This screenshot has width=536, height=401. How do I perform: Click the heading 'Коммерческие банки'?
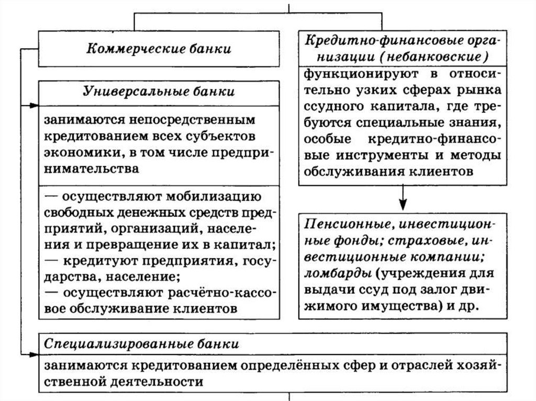158,50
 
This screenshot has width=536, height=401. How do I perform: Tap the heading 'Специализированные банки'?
142,345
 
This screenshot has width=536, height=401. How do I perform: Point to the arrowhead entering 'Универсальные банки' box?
34,106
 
